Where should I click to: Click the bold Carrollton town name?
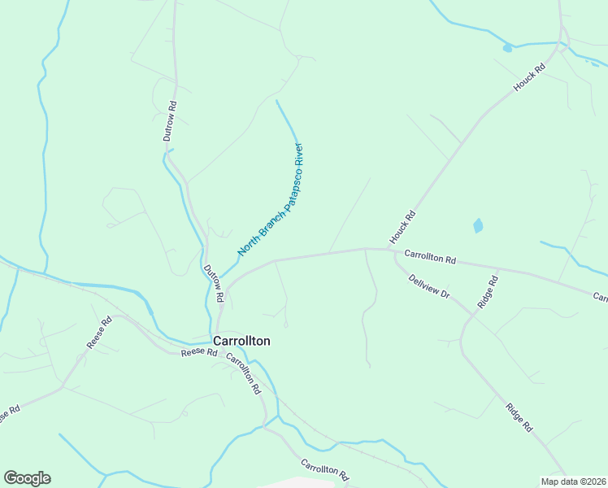[x=241, y=342]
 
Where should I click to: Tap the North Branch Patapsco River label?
[x=271, y=200]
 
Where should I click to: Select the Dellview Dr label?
[x=429, y=285]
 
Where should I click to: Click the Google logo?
[x=27, y=478]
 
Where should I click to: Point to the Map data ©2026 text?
[x=573, y=481]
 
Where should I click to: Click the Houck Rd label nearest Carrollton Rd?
[x=402, y=227]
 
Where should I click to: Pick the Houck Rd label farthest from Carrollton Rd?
[x=528, y=78]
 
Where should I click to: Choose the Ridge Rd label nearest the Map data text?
[x=519, y=416]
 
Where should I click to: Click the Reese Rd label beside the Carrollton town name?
[x=198, y=352]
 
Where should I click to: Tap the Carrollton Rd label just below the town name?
[x=244, y=373]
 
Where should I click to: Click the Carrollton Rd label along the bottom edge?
[x=324, y=469]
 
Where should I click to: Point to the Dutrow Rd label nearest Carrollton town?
[x=213, y=284]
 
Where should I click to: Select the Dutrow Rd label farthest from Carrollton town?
[x=170, y=121]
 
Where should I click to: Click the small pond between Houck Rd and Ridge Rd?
[x=478, y=225]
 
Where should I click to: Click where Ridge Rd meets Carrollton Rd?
[x=499, y=268]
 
